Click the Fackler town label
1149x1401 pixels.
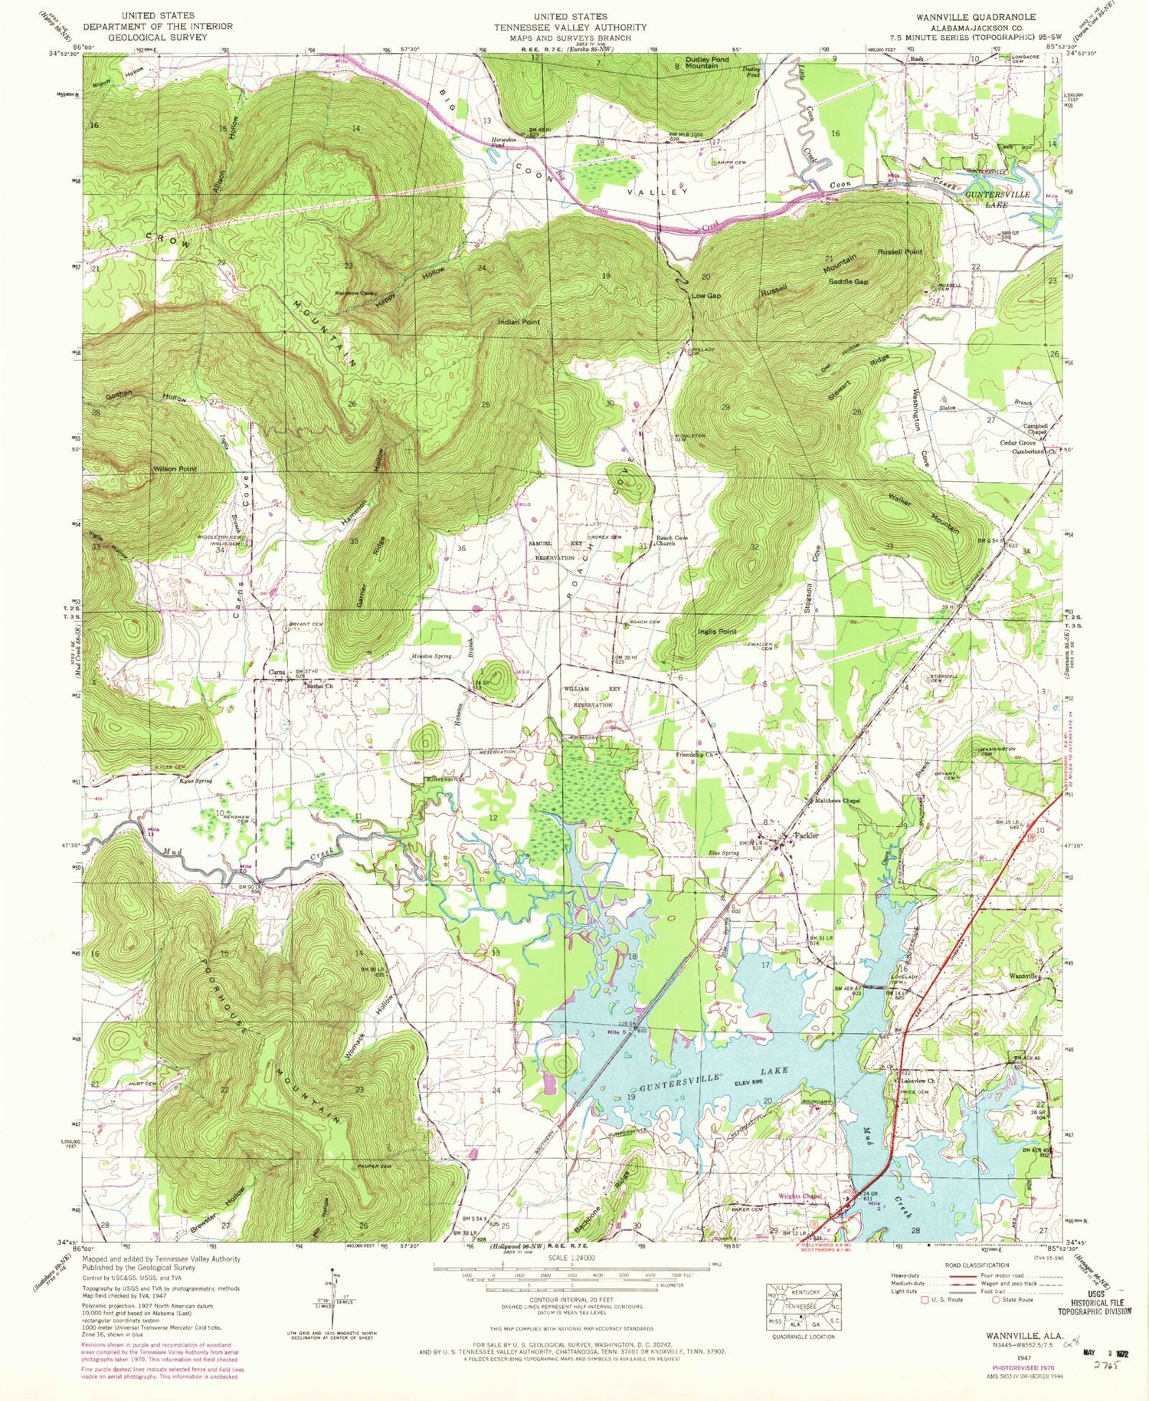(x=807, y=835)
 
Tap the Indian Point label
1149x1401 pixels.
(x=519, y=322)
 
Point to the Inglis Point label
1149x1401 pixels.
(x=717, y=632)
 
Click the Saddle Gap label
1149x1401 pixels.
(x=848, y=281)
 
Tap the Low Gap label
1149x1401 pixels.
(x=705, y=296)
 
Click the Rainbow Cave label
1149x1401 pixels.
(x=353, y=293)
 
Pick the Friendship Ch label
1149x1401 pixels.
(x=694, y=755)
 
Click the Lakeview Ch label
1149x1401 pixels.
(x=919, y=1081)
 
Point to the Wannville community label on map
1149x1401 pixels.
(x=1023, y=976)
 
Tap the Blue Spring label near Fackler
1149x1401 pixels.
(x=723, y=852)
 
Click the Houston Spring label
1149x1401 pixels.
(x=432, y=657)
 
